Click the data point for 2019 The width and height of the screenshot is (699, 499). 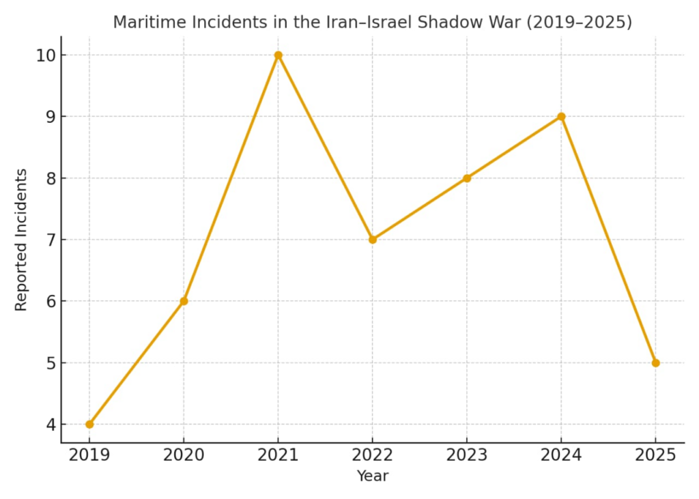pos(89,424)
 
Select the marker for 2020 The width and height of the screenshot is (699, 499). pos(184,301)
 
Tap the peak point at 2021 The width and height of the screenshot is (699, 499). pos(278,55)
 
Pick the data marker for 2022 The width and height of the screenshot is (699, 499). pos(373,240)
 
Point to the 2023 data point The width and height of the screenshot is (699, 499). pos(467,178)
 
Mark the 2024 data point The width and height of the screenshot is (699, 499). pos(561,117)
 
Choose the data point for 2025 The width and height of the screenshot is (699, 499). pos(655,362)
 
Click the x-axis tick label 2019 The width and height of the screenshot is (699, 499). pos(89,455)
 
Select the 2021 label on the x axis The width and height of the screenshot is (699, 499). pos(278,455)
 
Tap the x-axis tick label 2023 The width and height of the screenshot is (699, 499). pos(467,455)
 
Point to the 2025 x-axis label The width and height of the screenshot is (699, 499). pos(655,455)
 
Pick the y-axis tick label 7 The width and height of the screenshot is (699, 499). pos(50,240)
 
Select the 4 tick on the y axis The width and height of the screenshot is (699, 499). pos(50,424)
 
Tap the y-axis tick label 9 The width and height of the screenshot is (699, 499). pos(50,117)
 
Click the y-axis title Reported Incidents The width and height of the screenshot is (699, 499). pos(21,240)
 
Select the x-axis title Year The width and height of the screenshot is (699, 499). pos(372,476)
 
